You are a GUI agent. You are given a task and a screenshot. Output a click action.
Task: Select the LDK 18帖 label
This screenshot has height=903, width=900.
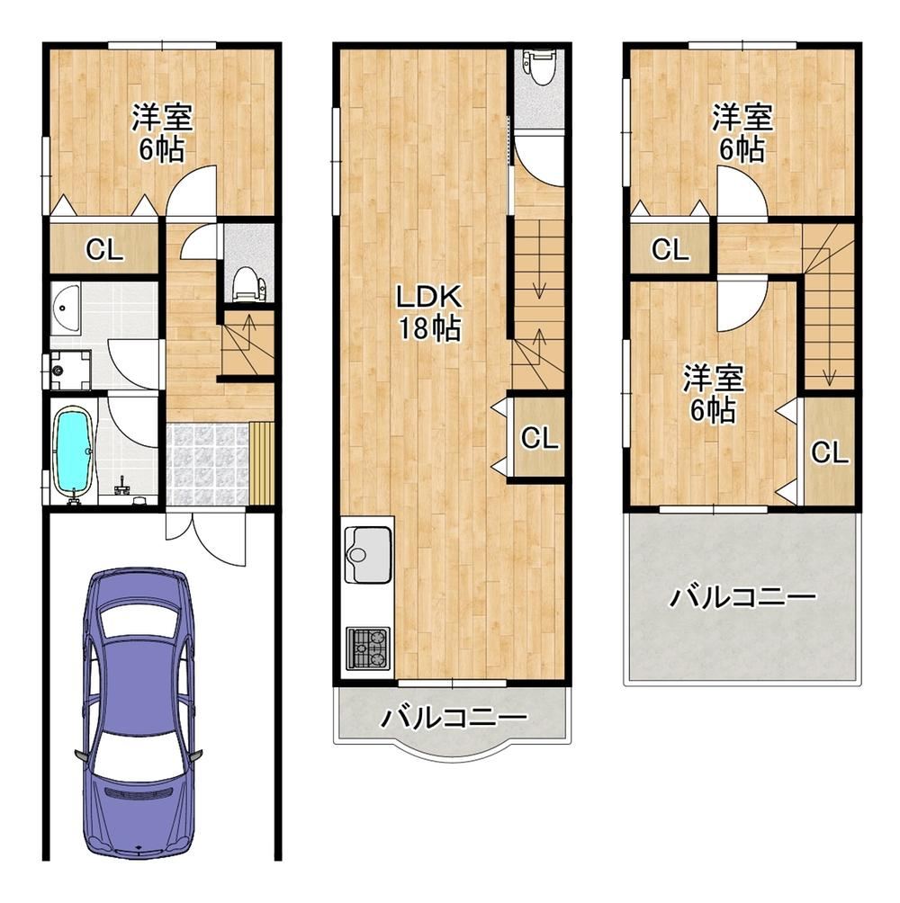pos(429,313)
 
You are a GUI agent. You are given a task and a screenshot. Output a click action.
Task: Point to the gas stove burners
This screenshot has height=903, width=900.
pos(367,648)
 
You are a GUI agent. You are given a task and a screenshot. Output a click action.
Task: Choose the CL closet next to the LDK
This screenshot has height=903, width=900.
pos(539,438)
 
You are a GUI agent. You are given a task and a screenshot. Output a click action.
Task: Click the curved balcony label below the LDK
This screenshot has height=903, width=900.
pos(454,718)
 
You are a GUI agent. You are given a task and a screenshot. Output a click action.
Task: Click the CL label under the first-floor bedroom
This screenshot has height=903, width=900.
pos(104,250)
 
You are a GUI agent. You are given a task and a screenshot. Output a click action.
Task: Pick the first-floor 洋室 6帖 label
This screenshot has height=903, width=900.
pos(162,132)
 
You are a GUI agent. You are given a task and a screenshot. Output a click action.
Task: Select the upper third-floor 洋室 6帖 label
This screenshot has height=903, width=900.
pos(742,132)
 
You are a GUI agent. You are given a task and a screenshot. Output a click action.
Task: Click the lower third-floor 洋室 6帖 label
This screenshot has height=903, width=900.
pos(714,393)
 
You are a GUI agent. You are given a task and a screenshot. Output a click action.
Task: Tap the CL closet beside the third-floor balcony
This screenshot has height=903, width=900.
pos(829,452)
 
